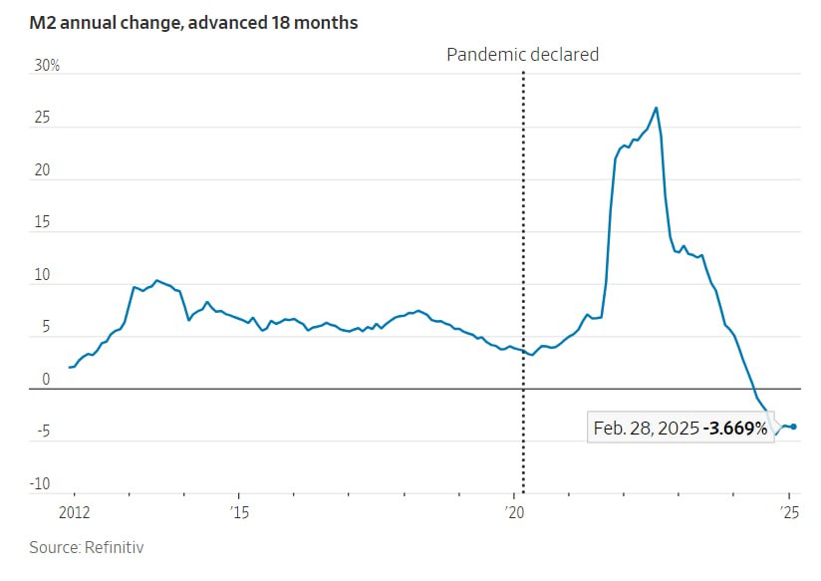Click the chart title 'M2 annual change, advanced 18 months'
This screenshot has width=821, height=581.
tap(193, 22)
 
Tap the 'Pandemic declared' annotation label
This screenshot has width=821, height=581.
tap(522, 55)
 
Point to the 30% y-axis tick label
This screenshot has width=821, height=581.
tap(48, 66)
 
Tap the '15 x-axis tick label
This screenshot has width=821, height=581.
tap(237, 513)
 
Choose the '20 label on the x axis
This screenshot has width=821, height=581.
tap(514, 513)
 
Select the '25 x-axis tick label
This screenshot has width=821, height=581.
tap(789, 513)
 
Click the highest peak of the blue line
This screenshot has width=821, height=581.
tap(656, 108)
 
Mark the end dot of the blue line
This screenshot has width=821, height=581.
tap(793, 427)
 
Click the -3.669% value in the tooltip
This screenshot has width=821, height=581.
tap(735, 429)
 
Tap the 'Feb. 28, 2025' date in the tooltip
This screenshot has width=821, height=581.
tap(646, 429)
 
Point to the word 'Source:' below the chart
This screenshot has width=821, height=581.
tap(54, 547)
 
